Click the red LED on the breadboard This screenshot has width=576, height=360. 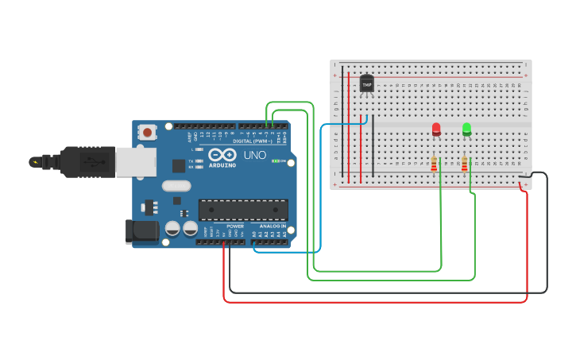pyautogui.click(x=436, y=129)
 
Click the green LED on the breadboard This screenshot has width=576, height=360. pyautogui.click(x=466, y=128)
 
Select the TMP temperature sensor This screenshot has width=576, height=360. pyautogui.click(x=366, y=83)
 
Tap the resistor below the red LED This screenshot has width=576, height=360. pyautogui.click(x=434, y=165)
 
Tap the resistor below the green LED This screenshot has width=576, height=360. pyautogui.click(x=464, y=165)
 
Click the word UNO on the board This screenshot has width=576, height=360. pyautogui.click(x=254, y=155)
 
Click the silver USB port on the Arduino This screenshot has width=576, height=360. pyautogui.click(x=136, y=162)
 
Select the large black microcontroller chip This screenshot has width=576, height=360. pyautogui.click(x=242, y=210)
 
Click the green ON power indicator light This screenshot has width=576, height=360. pyautogui.click(x=275, y=161)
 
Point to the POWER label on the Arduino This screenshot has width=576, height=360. pyautogui.click(x=235, y=226)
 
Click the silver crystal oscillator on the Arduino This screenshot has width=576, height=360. pyautogui.click(x=176, y=186)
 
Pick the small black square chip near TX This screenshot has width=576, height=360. pyautogui.click(x=179, y=165)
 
